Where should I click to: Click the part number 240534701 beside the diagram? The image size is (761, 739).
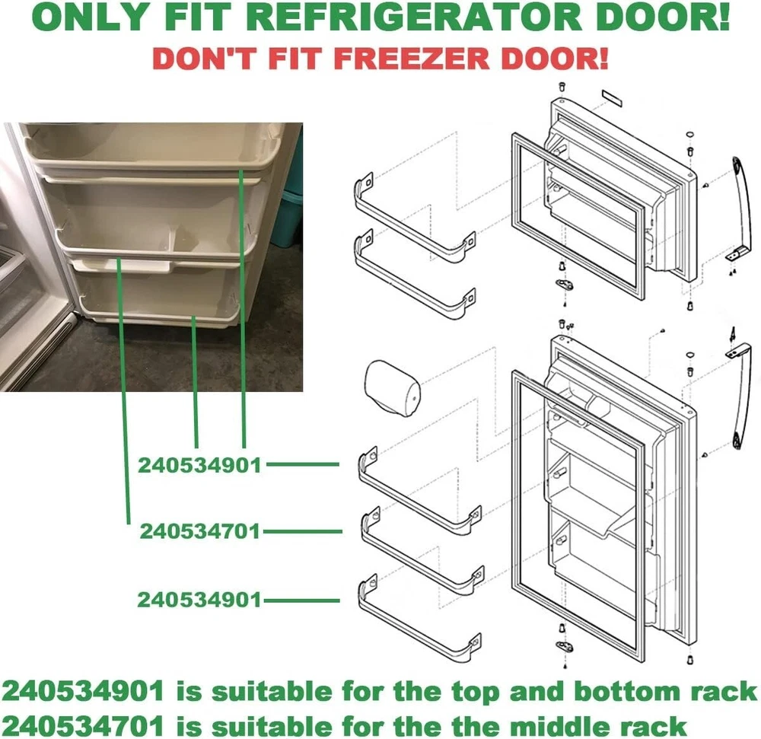click(200, 531)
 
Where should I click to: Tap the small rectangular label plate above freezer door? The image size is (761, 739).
click(612, 97)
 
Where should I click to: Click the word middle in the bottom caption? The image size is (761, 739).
click(558, 726)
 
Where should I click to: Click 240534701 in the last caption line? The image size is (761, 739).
click(83, 726)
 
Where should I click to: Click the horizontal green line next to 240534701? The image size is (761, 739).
click(302, 532)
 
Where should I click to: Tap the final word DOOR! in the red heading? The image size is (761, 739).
click(554, 59)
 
